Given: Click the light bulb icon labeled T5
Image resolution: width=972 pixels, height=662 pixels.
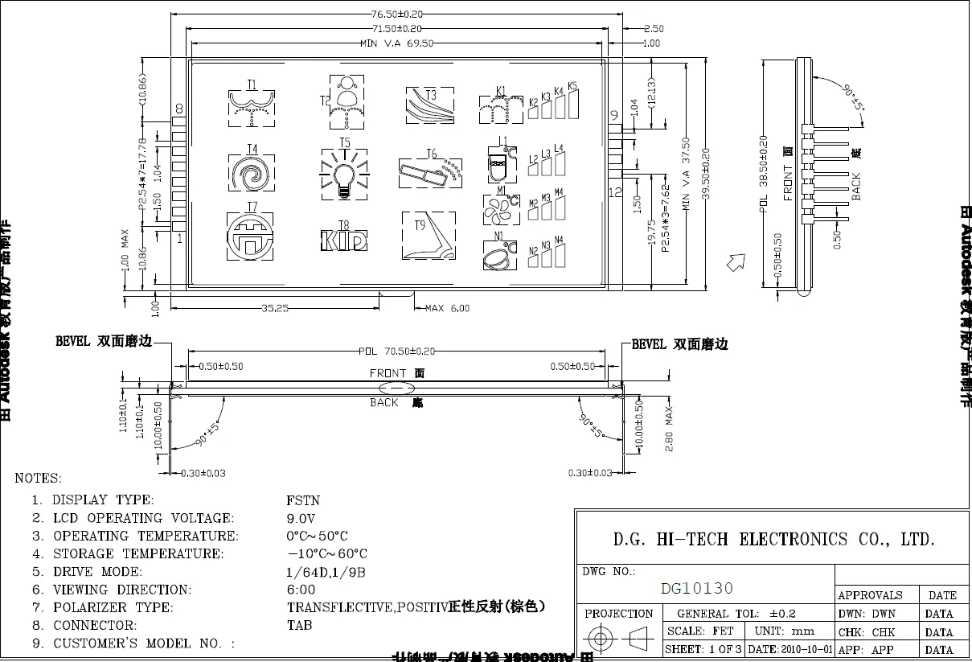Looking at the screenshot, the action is [x=344, y=172].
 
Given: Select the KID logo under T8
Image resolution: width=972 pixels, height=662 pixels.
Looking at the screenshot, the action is [x=344, y=240].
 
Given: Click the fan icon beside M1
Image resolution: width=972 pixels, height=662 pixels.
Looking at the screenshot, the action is [x=495, y=209].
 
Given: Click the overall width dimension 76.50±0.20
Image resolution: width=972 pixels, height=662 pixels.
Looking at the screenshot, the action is [x=396, y=14].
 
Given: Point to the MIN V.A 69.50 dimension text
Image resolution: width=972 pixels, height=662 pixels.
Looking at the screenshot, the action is [x=397, y=43].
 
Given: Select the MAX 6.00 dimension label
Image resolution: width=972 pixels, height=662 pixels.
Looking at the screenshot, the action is [x=447, y=307].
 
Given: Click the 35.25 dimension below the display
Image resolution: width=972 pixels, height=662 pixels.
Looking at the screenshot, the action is [x=276, y=307].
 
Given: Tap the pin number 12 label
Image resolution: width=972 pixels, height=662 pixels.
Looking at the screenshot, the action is [x=615, y=192].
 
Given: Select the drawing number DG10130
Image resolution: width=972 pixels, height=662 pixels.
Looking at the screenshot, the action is [x=696, y=589].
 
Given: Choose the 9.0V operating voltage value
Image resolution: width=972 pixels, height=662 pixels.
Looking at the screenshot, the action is [x=301, y=518].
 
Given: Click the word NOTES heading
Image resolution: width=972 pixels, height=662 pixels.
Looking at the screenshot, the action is [x=38, y=479].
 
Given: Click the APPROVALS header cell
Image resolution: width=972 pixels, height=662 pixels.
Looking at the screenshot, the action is [x=870, y=595].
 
